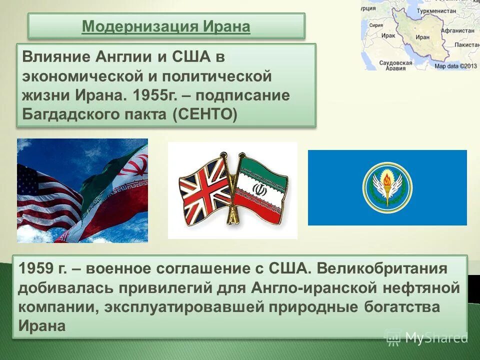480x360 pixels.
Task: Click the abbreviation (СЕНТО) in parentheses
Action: (205, 114)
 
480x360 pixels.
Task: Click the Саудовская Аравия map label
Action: (395, 65)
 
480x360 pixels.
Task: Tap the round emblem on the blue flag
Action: (387, 187)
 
